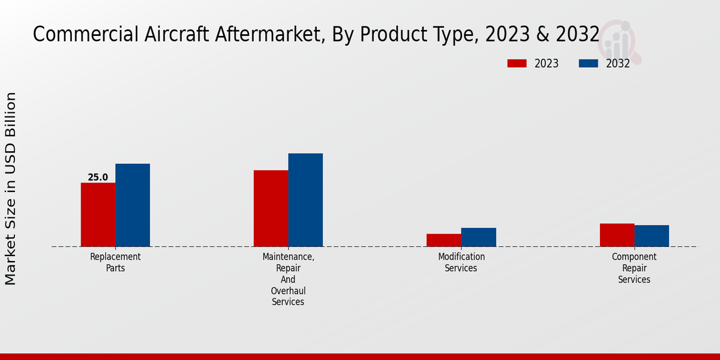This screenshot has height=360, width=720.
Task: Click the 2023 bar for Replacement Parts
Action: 98,214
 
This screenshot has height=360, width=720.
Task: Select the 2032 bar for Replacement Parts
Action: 133,205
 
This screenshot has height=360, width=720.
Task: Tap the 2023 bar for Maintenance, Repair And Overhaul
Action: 271,208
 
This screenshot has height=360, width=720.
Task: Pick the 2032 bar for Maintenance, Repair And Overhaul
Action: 305,200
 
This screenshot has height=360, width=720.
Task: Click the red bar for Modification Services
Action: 443,240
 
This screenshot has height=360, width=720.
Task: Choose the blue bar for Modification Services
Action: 478,237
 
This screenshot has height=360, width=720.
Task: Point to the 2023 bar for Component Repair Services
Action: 617,235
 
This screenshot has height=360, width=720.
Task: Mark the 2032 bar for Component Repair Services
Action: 652,236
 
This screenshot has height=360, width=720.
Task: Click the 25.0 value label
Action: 98,178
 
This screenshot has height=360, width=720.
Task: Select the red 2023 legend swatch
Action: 517,64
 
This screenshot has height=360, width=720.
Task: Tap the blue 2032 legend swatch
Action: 588,64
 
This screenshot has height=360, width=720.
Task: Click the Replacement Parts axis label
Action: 115,262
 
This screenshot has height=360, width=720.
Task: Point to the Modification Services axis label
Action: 461,262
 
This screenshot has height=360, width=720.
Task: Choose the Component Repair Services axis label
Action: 634,268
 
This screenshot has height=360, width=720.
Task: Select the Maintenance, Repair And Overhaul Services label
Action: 288,279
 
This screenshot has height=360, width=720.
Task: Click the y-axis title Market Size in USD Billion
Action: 11,188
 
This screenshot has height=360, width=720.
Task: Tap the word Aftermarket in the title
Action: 256,35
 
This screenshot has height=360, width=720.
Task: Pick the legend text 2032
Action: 617,64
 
